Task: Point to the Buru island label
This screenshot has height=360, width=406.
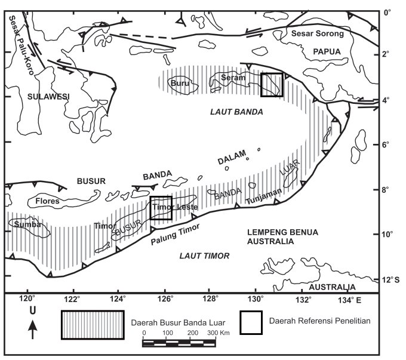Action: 178,84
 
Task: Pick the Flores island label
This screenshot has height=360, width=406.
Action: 48,201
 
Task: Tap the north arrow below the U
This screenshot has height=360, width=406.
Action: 33,329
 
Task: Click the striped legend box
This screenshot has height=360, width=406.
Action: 93,325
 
